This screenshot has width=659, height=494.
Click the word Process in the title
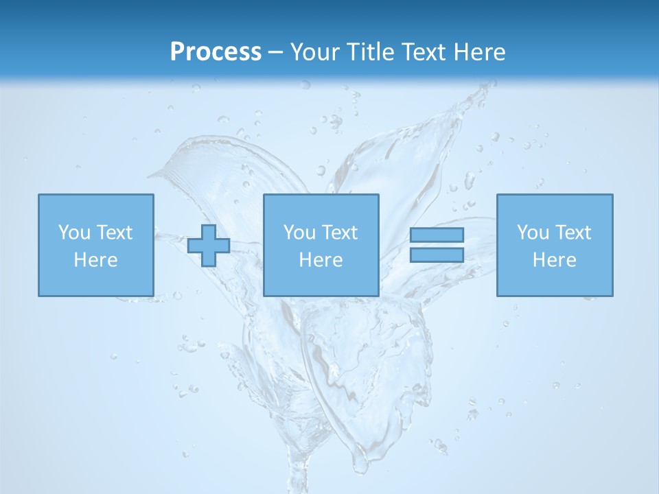216,52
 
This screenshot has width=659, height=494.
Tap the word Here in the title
478,52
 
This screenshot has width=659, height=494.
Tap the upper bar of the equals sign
437,235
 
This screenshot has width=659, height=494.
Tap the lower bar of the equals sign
437,255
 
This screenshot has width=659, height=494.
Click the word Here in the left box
95,260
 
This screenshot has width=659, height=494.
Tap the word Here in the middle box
321,260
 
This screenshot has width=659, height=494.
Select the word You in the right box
533,233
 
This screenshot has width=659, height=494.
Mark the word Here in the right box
554,260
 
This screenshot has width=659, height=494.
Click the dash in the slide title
276,53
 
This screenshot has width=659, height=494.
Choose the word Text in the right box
573,233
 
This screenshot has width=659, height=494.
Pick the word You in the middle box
300,233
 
